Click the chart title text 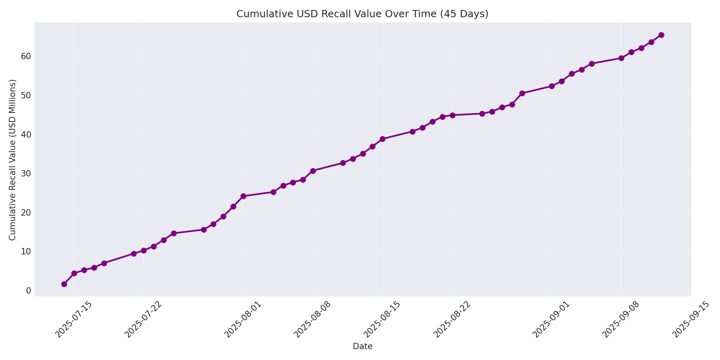362,14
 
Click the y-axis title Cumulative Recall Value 12,160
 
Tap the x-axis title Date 362,346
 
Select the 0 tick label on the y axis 28,290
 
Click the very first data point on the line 64,284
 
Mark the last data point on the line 661,35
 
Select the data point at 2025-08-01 243,196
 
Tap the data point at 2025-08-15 382,139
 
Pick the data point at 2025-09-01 552,86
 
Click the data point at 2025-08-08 313,171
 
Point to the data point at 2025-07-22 144,250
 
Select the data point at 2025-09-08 621,58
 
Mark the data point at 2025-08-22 452,115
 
